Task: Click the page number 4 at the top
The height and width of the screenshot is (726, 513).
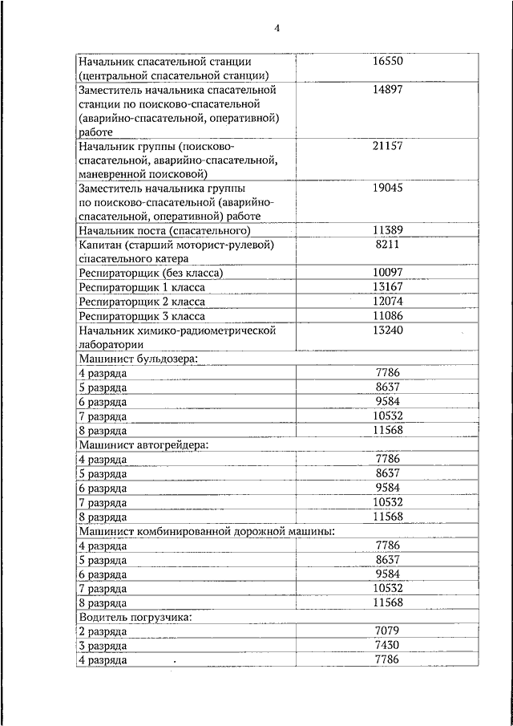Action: (277, 28)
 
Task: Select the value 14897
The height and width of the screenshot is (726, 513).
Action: (388, 90)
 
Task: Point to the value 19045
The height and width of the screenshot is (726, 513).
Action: (388, 188)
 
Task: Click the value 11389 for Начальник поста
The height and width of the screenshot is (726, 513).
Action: (388, 230)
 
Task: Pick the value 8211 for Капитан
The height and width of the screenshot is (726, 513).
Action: (388, 245)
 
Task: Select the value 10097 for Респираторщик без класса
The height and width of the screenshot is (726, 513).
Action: (388, 273)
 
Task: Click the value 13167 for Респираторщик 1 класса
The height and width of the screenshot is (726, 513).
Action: (388, 287)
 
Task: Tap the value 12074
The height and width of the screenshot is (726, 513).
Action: (388, 302)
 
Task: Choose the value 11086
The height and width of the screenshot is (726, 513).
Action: (388, 316)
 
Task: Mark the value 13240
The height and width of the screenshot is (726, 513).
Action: (388, 331)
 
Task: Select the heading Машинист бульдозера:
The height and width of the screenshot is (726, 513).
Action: (137, 359)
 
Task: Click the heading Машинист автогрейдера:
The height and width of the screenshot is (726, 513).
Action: (143, 444)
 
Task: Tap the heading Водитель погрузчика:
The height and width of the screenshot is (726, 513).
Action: (135, 617)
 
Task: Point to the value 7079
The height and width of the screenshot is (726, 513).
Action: (388, 631)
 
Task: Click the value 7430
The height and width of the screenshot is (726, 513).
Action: (388, 646)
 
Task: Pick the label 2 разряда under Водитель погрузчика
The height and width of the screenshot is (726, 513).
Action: (103, 632)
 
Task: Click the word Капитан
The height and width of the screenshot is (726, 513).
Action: (100, 245)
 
